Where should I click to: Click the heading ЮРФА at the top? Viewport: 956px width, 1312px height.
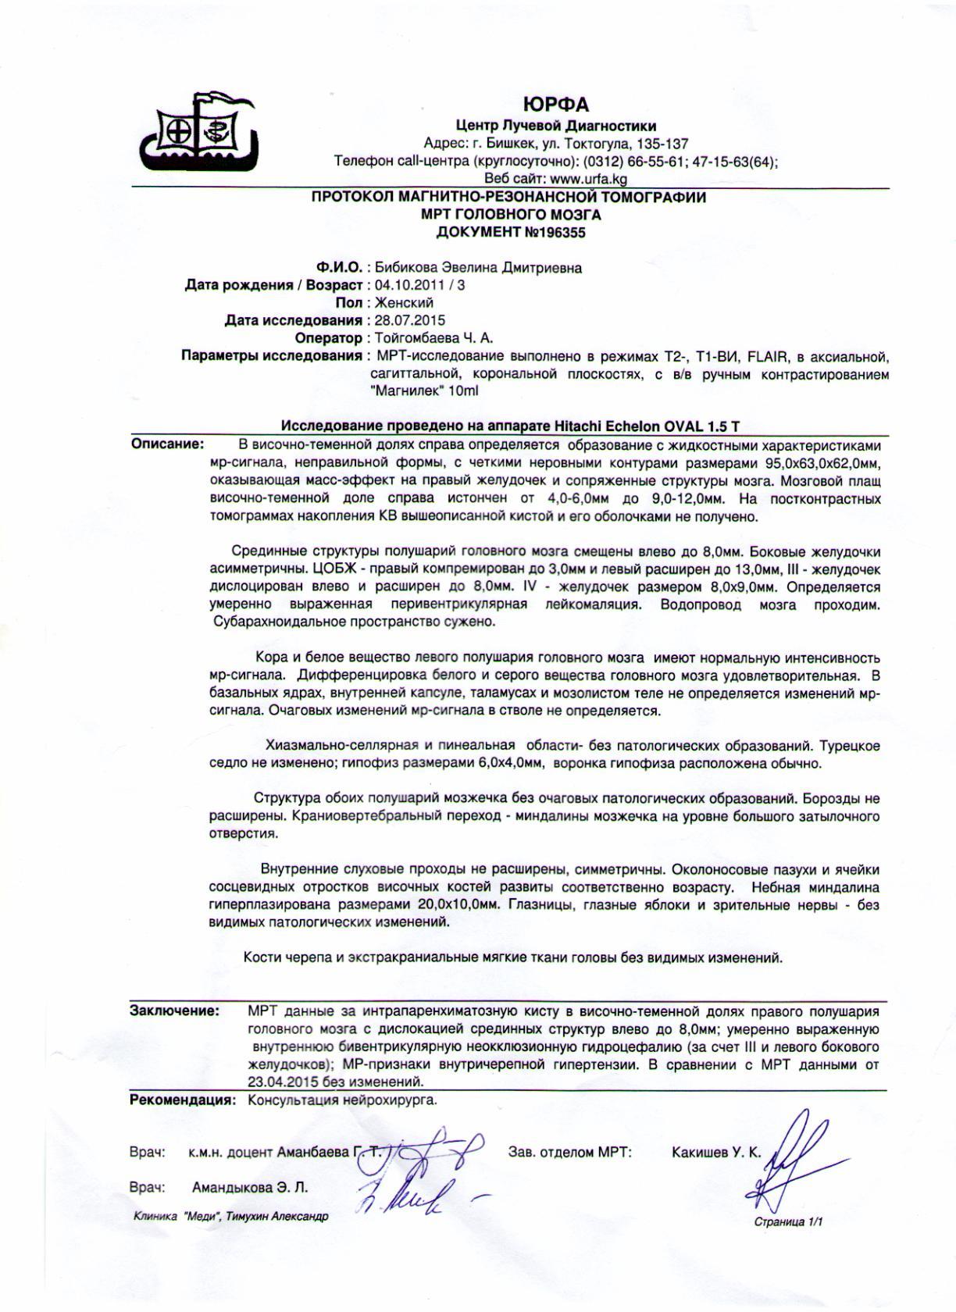[x=555, y=105]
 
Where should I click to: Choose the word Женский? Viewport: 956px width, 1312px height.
[x=405, y=302]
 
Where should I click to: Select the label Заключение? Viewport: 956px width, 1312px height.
[x=174, y=1011]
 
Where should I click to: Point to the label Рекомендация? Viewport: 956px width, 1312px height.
[x=183, y=1100]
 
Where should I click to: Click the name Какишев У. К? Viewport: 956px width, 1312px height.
[x=716, y=1152]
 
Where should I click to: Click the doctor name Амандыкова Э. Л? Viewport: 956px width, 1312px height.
[x=250, y=1188]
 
